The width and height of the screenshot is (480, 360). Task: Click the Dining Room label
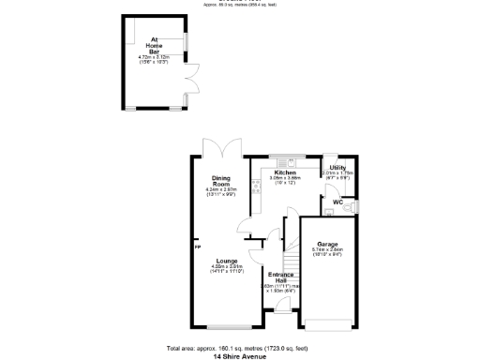coord(222,179)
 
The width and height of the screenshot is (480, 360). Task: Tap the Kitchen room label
coord(286,172)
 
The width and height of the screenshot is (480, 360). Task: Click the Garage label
coord(327,244)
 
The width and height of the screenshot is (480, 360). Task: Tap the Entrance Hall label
coord(281,276)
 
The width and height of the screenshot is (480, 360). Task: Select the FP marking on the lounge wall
coord(198,247)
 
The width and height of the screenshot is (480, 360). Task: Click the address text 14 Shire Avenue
coord(241,356)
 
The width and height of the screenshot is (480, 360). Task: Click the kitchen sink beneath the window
coord(285,162)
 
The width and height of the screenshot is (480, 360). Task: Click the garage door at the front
coord(327,325)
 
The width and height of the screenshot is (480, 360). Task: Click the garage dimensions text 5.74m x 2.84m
coord(327,249)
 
